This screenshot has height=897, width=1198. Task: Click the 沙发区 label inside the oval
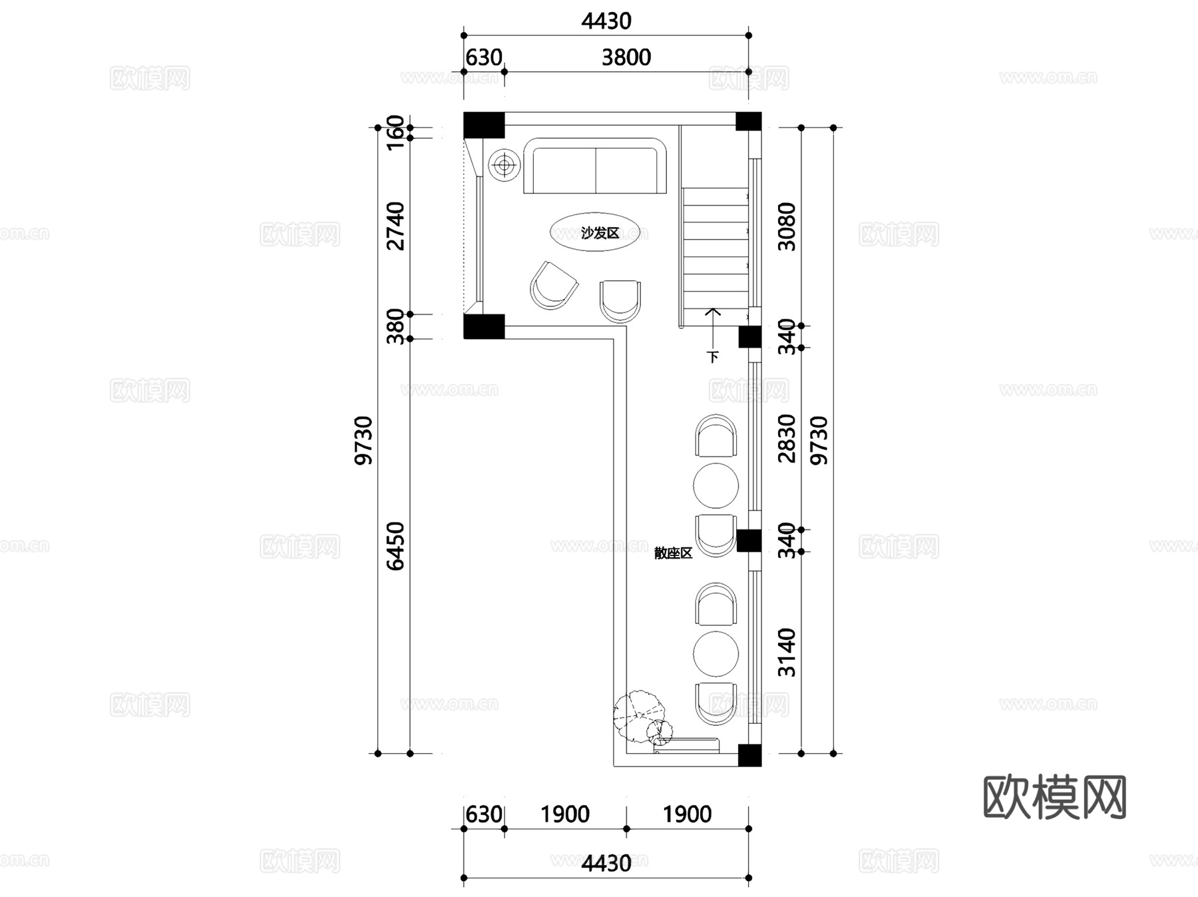point(600,233)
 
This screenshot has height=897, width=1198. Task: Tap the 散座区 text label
point(673,553)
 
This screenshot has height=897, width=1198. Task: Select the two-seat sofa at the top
point(595,166)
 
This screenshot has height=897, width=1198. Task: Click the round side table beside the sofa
point(504,164)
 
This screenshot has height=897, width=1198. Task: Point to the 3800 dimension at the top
point(626,58)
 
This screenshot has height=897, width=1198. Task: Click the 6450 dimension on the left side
point(395,546)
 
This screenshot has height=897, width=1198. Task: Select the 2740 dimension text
point(395,226)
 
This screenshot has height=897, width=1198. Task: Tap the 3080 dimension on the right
point(787,226)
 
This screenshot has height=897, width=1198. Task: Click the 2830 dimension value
point(787,438)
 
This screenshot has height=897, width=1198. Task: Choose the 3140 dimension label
point(787,652)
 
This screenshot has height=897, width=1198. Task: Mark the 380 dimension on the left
point(395,326)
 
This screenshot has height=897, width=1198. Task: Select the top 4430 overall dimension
point(606,21)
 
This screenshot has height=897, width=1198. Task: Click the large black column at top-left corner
point(484,125)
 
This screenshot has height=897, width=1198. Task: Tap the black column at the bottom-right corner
point(749,755)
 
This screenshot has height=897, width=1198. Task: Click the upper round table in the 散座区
point(715,485)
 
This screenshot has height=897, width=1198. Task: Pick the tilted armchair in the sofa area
point(553,286)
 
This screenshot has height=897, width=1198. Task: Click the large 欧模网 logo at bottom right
point(1054,796)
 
